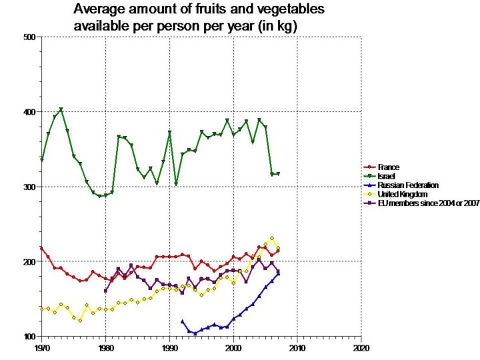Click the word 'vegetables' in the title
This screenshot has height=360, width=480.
[x=281, y=10]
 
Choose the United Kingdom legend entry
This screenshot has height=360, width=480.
[x=404, y=193]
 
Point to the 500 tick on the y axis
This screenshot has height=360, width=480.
[x=29, y=37]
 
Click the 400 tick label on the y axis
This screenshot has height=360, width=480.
[x=29, y=112]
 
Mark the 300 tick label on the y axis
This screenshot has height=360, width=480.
[x=29, y=187]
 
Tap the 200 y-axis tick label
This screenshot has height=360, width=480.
[x=29, y=262]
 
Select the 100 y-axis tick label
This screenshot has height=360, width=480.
[x=29, y=337]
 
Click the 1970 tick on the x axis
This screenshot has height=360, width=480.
[x=41, y=348]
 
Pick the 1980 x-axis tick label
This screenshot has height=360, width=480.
[x=105, y=348]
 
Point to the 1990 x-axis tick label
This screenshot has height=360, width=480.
[x=169, y=348]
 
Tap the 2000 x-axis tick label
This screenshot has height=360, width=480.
[x=233, y=348]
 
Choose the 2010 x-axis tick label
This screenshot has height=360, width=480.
[x=297, y=348]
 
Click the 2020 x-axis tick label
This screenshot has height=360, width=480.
[x=361, y=348]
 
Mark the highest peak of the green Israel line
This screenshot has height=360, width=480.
[x=61, y=109]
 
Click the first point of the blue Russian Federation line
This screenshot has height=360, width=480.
[x=182, y=321]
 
